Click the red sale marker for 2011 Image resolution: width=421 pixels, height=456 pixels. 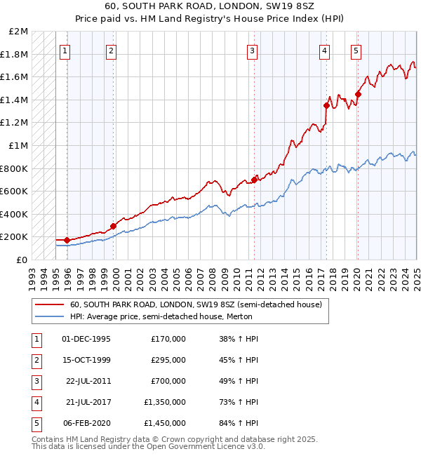coord(253,180)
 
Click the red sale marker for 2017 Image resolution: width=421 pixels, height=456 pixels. coord(326,105)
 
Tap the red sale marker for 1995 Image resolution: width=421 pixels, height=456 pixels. coord(67,240)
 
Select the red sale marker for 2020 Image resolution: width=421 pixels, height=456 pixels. coord(358,94)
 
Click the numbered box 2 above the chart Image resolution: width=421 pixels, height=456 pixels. coord(112,50)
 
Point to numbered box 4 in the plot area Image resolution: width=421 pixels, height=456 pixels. coord(325,50)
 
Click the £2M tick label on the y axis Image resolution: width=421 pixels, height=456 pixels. coord(19,32)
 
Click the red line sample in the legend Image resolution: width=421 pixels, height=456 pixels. coord(50,305)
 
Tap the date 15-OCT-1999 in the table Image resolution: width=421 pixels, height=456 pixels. coord(86,359)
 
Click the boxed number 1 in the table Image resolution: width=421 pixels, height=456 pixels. coord(35,338)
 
